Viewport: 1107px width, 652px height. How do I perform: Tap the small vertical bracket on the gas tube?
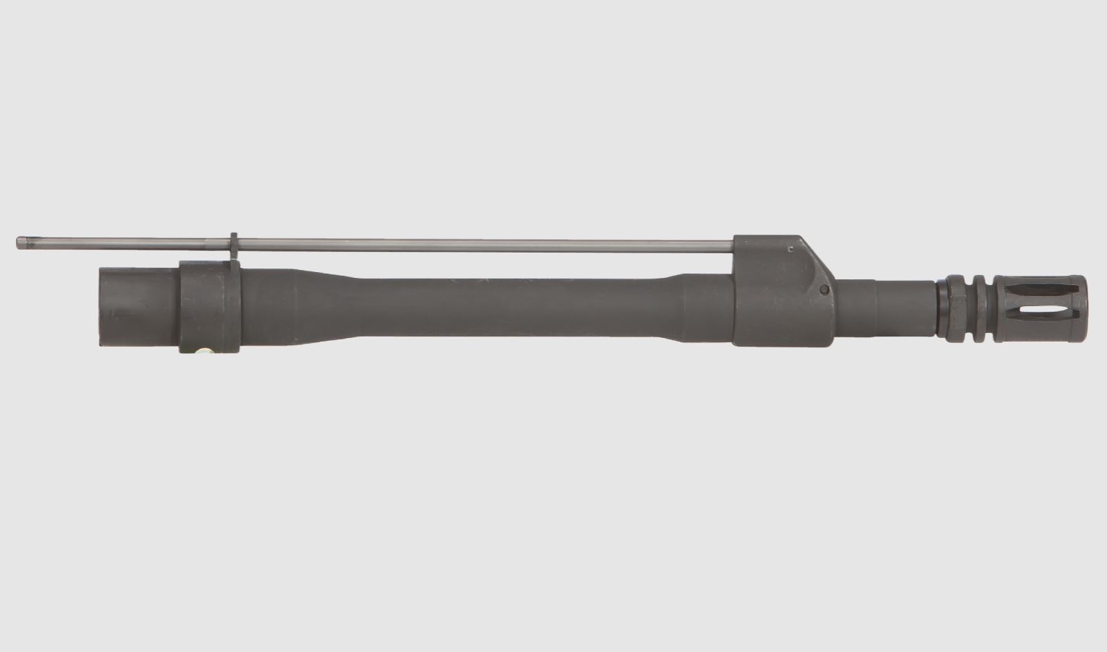pos(234,246)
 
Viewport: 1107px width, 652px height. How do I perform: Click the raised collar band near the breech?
pos(209,306)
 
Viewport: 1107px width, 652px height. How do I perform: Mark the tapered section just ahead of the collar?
pos(319,304)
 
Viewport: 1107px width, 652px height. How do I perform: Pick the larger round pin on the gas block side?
pos(824,289)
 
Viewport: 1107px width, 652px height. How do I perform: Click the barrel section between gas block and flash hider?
pos(883,306)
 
